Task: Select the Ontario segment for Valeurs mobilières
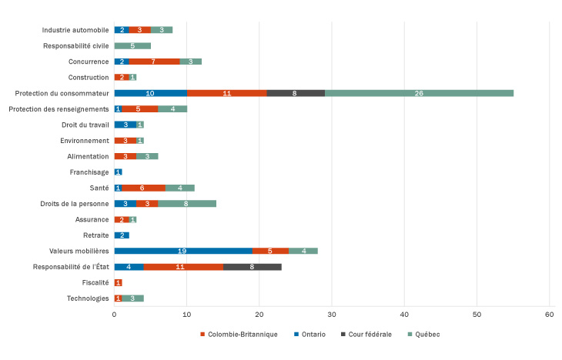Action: (x=183, y=251)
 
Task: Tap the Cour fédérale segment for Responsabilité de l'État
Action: (x=252, y=266)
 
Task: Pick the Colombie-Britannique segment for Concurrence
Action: (x=154, y=62)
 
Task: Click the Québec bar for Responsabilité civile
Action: (x=132, y=45)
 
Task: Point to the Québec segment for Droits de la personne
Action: (x=187, y=203)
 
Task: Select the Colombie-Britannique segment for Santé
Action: (x=143, y=188)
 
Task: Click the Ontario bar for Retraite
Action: (x=122, y=235)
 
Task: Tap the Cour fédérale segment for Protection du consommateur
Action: (x=296, y=93)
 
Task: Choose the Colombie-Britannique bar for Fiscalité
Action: (x=118, y=282)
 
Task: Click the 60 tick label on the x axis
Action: (x=550, y=315)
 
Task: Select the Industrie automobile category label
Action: (x=75, y=30)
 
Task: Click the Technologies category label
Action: (x=88, y=298)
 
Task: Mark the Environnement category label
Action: (x=85, y=140)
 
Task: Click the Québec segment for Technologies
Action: (x=132, y=298)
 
